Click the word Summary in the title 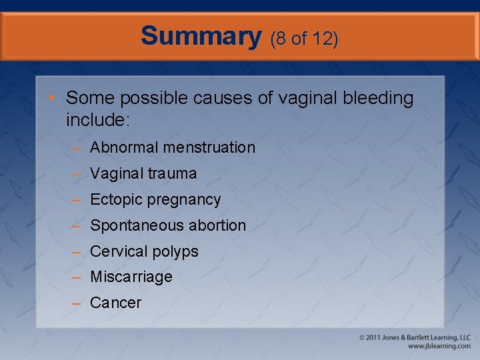(201, 36)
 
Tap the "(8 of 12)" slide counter (304, 39)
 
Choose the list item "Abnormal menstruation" (172, 147)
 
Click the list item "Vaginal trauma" (143, 173)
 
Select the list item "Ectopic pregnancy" (155, 199)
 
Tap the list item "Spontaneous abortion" (167, 225)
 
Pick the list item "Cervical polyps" (144, 251)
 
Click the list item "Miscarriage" (131, 277)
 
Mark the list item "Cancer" (115, 303)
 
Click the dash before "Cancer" (77, 303)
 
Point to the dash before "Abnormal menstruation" (77, 148)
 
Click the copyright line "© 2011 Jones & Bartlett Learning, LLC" (415, 338)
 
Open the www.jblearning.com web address (439, 347)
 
